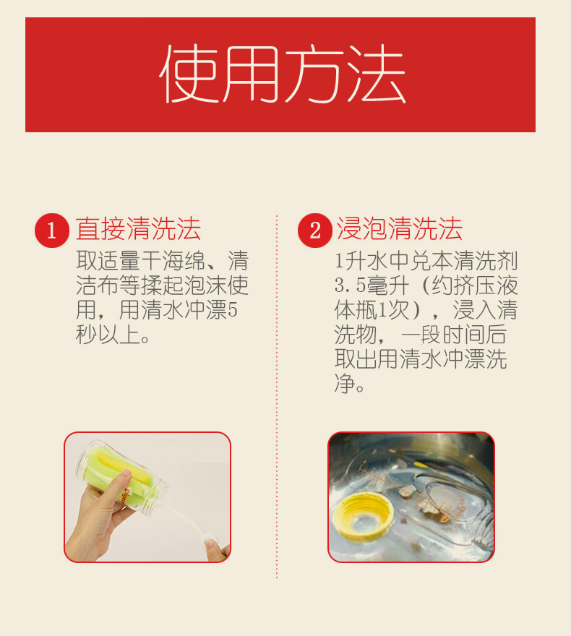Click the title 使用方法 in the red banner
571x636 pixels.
(x=283, y=74)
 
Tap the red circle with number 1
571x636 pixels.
(x=52, y=231)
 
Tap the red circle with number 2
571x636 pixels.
(x=315, y=231)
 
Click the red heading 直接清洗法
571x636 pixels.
(x=138, y=229)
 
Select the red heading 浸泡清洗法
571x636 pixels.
(x=400, y=229)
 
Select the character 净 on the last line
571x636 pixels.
(x=344, y=383)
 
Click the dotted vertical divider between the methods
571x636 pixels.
(x=277, y=397)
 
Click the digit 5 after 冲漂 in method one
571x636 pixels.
(x=232, y=310)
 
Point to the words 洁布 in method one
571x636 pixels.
(x=98, y=285)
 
